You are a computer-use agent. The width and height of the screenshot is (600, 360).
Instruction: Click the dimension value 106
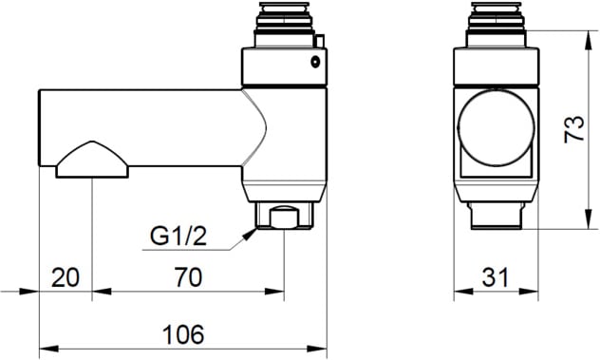coord(183,334)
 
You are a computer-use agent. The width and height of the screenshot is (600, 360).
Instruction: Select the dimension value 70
coord(188,277)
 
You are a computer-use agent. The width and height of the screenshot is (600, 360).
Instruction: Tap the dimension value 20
coord(66,277)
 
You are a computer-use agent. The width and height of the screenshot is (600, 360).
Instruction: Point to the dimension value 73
coord(574,129)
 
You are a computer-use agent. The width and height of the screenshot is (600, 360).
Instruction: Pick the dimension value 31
coord(496,277)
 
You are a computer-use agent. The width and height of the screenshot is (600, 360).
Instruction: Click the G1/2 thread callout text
coord(178,237)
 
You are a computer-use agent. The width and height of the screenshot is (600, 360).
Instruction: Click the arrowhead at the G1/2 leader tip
coord(251,234)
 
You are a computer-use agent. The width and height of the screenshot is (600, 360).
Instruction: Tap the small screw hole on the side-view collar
coord(315,62)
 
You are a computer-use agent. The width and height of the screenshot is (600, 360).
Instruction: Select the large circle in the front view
coord(496,127)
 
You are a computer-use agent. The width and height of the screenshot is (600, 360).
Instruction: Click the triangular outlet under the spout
coord(92,160)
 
